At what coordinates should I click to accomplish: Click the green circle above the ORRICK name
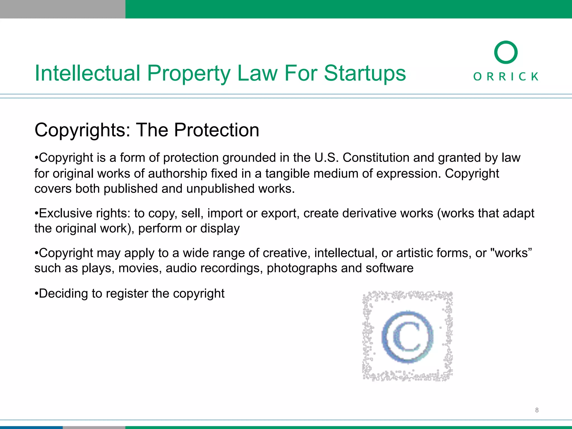point(506,52)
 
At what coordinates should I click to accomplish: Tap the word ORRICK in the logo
point(506,76)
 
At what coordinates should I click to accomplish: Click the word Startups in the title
point(365,73)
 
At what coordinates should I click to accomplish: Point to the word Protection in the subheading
point(217,130)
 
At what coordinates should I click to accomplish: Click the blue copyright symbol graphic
point(407,337)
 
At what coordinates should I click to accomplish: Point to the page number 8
point(537,410)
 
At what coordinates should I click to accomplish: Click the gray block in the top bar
point(63,9)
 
